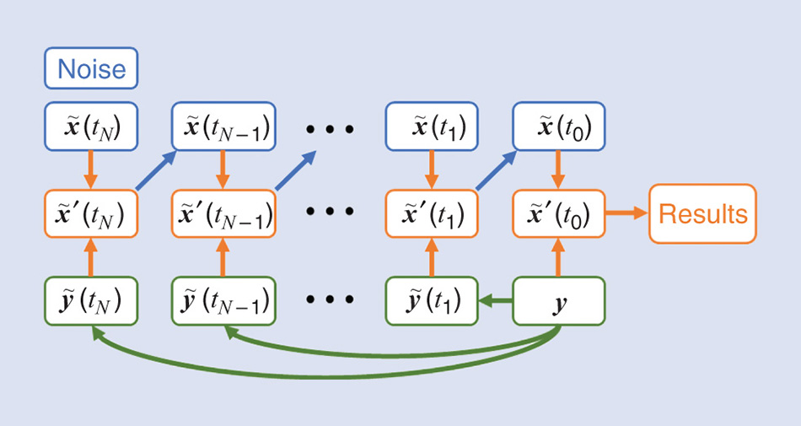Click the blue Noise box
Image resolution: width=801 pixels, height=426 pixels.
point(91,68)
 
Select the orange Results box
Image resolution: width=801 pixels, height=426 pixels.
point(702,213)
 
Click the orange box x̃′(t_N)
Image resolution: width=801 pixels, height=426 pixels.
point(91,214)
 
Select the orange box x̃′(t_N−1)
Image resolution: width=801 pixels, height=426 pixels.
point(223,214)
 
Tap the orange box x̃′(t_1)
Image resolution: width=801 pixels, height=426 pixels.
point(432,214)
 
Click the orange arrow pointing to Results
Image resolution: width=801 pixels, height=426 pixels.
point(625,214)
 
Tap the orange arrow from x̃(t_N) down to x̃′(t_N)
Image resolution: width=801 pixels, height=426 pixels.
point(91,170)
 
